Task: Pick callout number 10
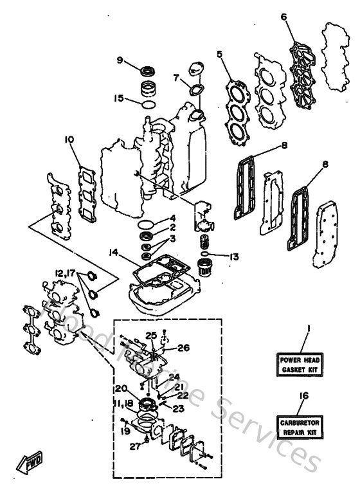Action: [69, 138]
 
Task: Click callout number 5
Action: [220, 55]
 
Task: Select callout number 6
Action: [283, 18]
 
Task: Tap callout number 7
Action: [175, 78]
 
